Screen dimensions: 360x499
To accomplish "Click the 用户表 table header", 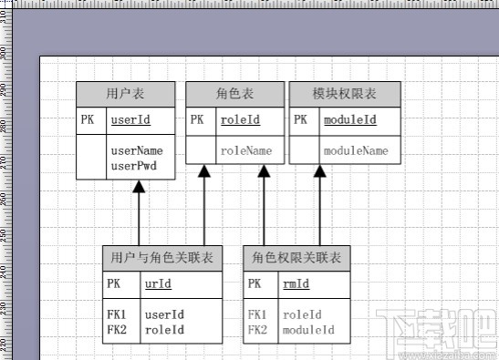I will click(x=125, y=94).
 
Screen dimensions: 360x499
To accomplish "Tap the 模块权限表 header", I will click(x=344, y=94).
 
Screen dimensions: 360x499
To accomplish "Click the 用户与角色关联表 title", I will click(x=161, y=259).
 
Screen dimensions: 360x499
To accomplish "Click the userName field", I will click(x=136, y=150).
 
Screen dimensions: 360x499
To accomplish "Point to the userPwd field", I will click(x=132, y=166).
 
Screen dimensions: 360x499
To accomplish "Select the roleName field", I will click(x=245, y=150).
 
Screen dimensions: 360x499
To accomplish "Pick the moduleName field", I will click(x=356, y=150).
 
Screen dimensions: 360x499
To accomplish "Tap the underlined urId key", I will click(x=157, y=284).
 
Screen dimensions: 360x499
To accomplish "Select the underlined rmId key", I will click(x=296, y=284).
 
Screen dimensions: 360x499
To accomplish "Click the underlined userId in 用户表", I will click(x=130, y=119).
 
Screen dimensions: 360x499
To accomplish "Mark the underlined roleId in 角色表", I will click(x=239, y=119).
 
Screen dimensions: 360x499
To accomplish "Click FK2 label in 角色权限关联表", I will click(x=257, y=329).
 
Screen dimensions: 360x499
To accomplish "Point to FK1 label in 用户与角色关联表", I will click(x=116, y=314).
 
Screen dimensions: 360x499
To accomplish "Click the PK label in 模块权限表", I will click(x=300, y=119).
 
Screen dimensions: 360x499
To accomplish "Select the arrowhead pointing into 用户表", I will click(x=139, y=186).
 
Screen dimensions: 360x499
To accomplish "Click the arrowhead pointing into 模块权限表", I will click(x=320, y=170).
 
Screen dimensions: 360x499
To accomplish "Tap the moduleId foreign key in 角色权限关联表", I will click(x=308, y=329).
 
